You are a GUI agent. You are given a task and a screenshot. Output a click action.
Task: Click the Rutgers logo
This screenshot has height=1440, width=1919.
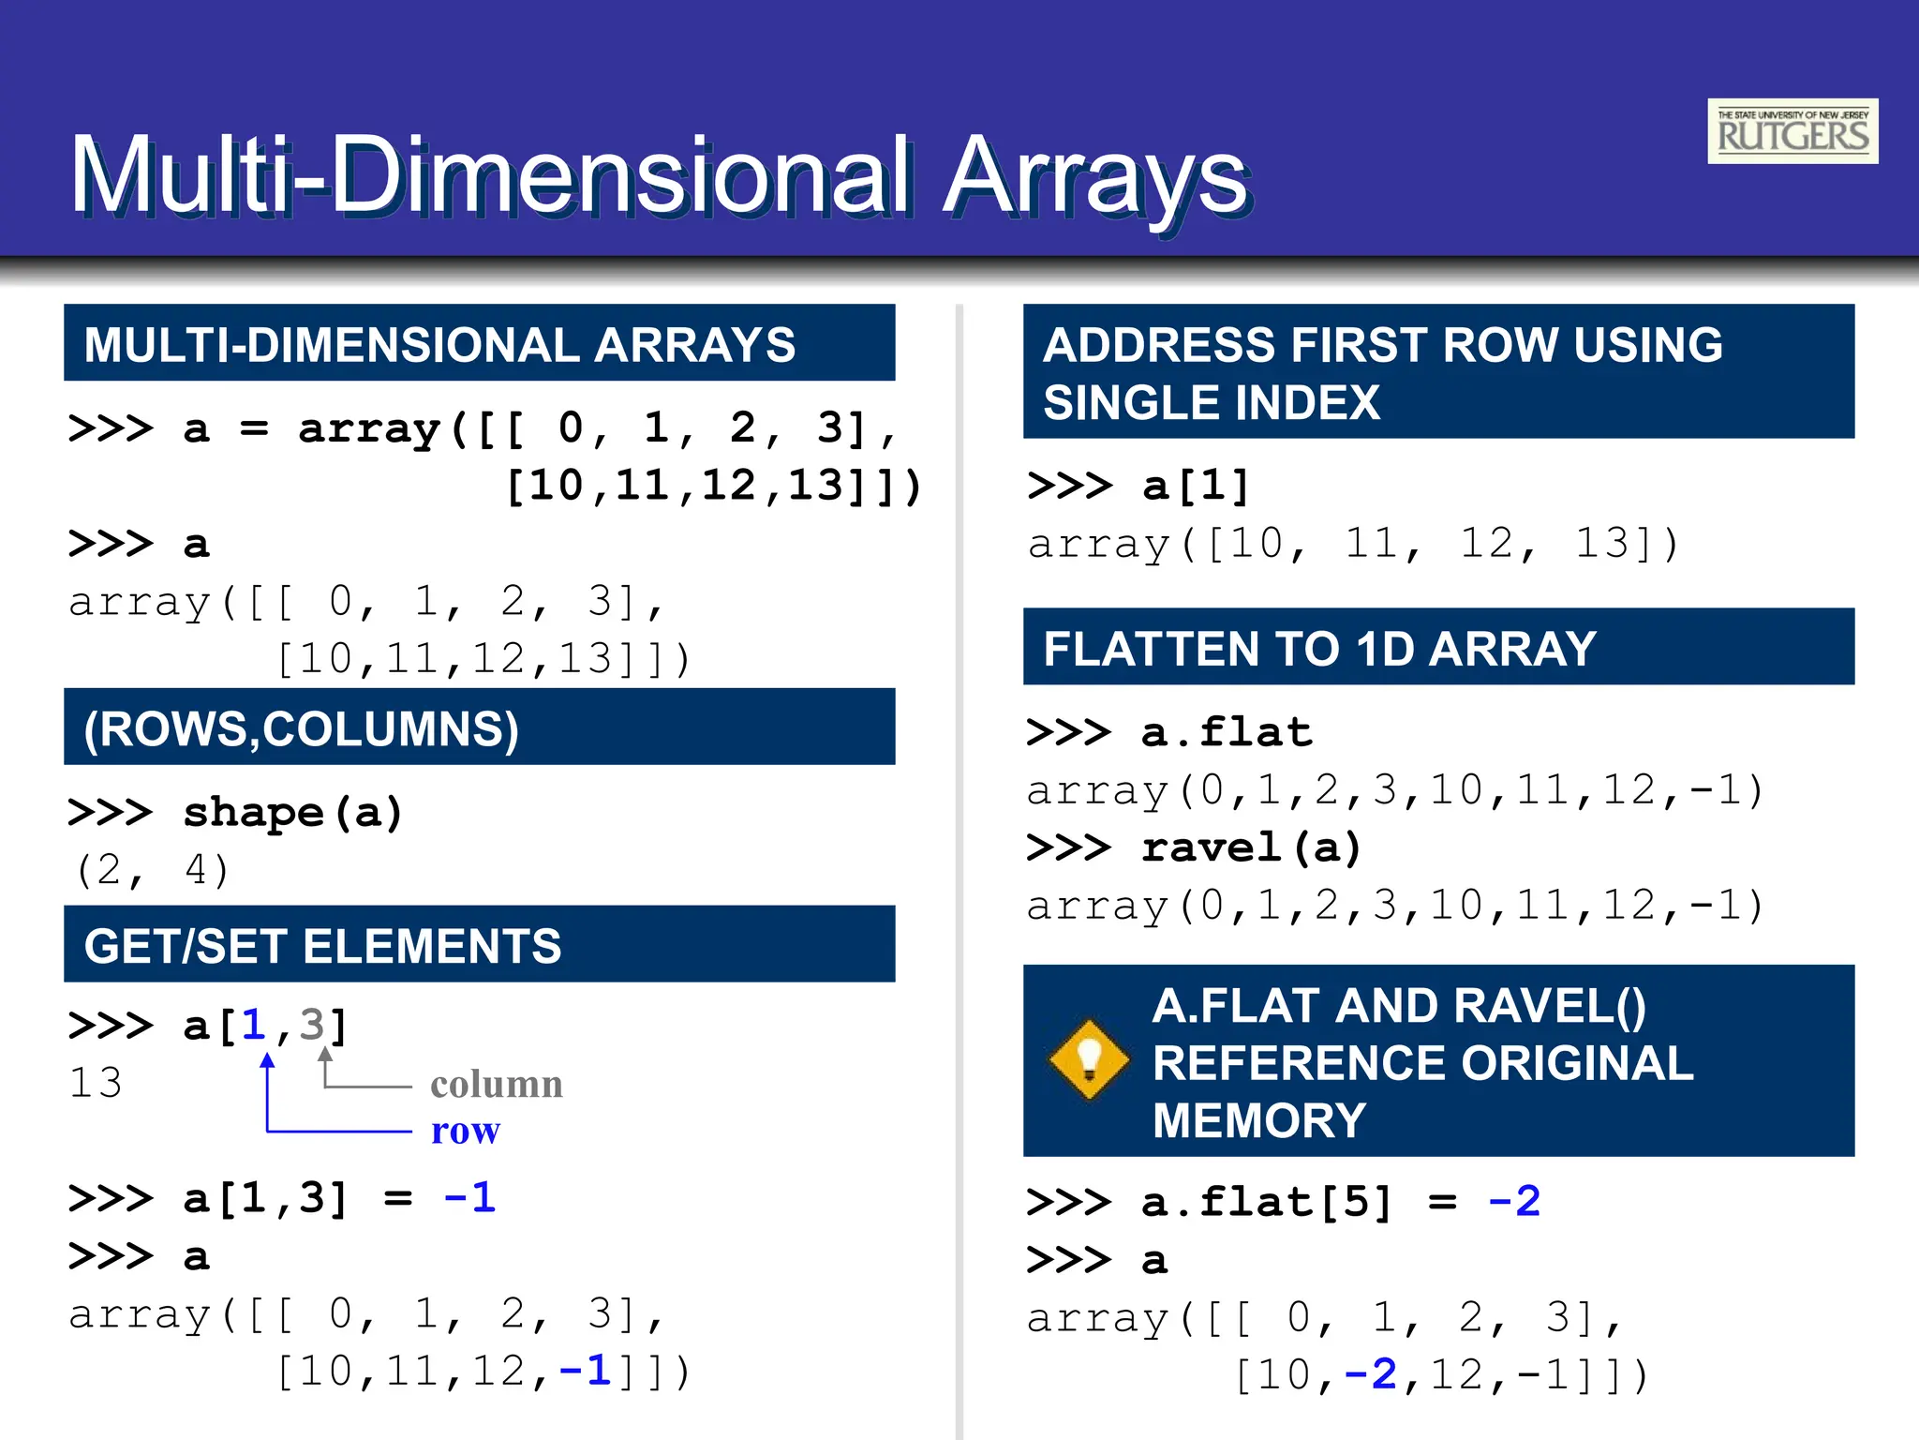1792,131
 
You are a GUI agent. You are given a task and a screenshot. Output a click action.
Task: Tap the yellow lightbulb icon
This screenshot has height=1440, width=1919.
1089,1059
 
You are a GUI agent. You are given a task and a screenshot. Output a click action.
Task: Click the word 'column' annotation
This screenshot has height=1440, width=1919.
496,1085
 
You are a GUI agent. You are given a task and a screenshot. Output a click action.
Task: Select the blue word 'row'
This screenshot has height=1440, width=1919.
465,1131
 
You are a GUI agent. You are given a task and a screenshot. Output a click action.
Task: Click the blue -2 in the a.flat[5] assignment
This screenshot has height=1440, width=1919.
1514,1201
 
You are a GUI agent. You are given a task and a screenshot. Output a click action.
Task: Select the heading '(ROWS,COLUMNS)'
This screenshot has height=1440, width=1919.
301,728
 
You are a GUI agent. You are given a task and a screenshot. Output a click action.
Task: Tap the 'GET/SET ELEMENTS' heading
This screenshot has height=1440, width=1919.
322,945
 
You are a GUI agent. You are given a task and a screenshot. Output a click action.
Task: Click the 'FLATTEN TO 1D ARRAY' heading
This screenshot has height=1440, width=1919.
1319,648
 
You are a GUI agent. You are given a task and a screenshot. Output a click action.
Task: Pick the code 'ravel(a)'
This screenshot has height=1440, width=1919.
1251,847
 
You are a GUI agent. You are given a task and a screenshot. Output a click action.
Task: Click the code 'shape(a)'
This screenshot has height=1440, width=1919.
292,812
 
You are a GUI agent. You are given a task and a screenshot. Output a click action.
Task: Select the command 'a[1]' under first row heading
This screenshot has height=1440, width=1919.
1196,486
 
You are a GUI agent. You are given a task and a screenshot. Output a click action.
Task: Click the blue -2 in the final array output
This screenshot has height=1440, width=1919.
1370,1374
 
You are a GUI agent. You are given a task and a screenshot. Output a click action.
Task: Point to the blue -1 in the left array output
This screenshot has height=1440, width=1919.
586,1371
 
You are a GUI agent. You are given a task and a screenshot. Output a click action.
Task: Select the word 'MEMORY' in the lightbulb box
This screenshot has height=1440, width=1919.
1259,1119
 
